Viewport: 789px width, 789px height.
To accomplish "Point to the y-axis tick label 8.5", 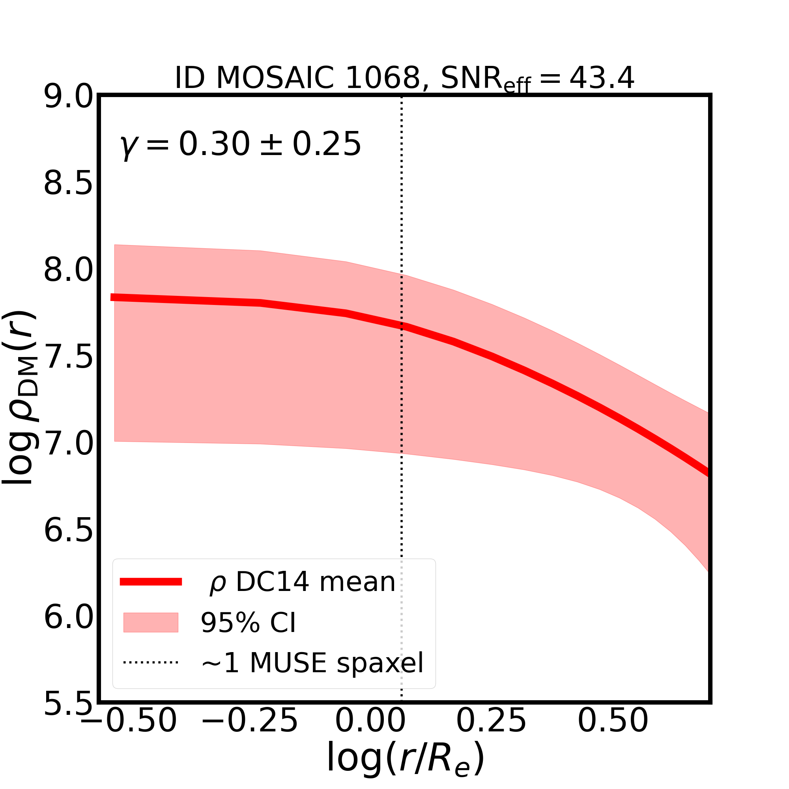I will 68,184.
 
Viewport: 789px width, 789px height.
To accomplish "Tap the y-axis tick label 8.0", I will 68,270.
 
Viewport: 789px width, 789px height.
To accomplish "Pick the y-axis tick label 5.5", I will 68,704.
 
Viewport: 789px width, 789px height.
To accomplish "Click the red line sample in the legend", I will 151,582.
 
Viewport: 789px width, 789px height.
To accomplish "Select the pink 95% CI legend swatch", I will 151,623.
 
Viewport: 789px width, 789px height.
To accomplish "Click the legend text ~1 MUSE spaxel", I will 312,663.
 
